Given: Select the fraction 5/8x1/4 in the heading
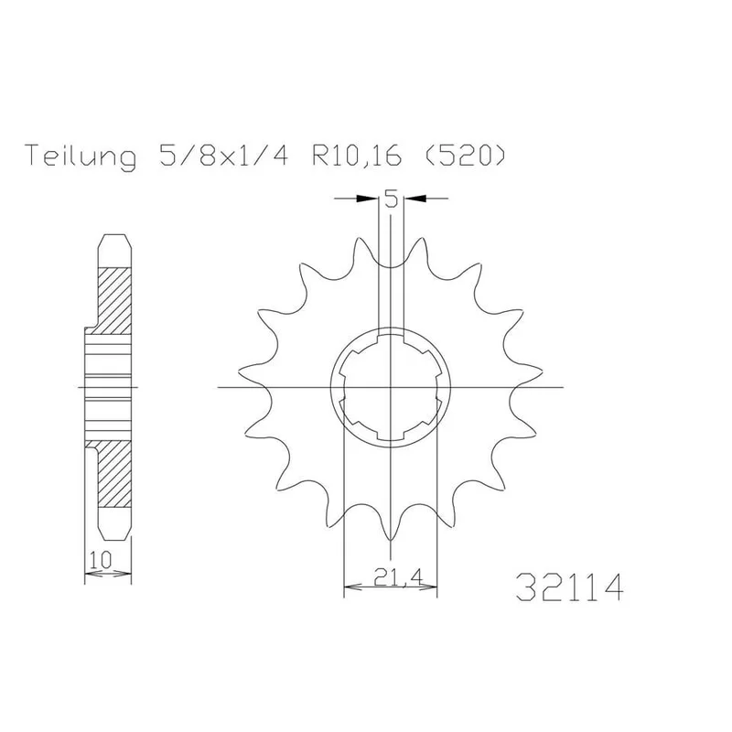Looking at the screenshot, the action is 223,156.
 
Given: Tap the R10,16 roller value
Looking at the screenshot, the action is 357,156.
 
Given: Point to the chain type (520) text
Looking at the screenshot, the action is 465,156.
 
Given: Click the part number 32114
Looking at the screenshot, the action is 569,587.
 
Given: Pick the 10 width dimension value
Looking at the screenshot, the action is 101,559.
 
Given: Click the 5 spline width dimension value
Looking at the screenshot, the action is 392,199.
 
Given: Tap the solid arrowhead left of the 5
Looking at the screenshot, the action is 368,199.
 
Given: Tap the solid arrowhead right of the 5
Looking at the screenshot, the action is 415,199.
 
